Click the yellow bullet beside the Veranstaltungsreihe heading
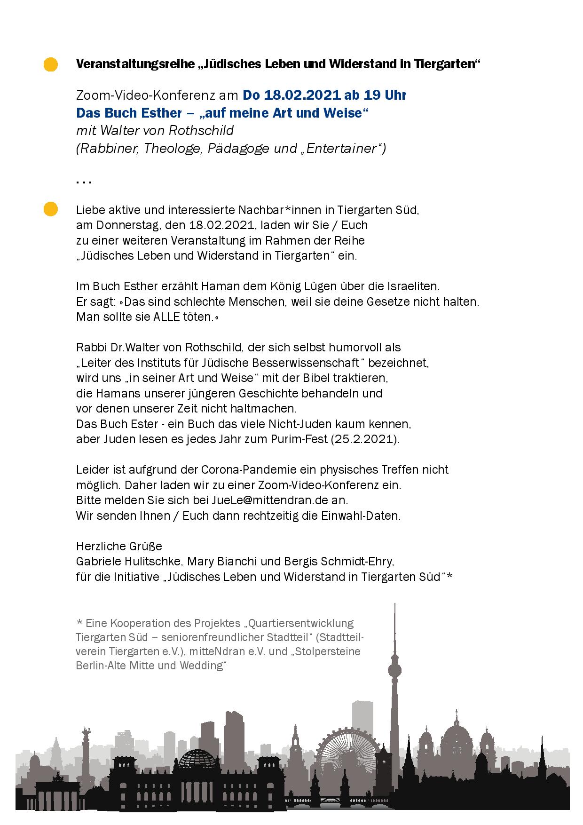51,64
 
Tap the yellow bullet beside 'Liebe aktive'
51,209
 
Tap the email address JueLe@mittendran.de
272,500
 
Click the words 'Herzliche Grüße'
119,546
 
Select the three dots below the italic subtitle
84,182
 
